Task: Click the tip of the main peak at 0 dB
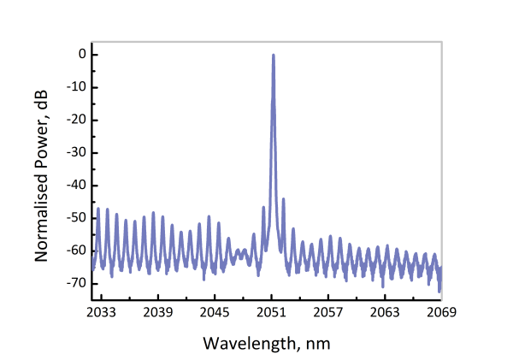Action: [x=273, y=55]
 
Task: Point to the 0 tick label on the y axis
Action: [x=81, y=54]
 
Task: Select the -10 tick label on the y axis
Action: [x=75, y=86]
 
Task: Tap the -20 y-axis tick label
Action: [x=75, y=120]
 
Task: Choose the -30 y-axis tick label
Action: [x=75, y=152]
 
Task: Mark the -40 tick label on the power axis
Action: [x=75, y=185]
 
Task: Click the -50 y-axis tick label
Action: [x=75, y=217]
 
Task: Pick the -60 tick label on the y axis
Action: [x=75, y=250]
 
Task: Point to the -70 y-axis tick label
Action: [x=75, y=282]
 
